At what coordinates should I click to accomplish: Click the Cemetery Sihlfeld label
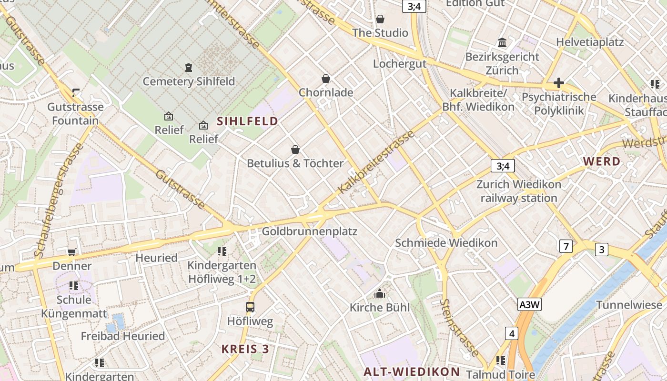click(189, 81)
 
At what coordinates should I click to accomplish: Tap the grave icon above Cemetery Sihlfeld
click(189, 68)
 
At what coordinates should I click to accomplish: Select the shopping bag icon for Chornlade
click(326, 79)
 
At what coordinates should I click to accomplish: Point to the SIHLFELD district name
click(247, 121)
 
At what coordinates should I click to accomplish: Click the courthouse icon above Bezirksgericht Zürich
click(502, 43)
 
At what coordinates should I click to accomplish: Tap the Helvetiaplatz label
click(590, 42)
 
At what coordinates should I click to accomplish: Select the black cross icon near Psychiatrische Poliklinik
click(558, 83)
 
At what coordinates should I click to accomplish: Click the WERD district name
click(602, 161)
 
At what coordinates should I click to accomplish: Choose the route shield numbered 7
click(566, 246)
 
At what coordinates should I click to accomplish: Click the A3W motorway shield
click(530, 304)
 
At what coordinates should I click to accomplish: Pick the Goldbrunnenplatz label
click(310, 232)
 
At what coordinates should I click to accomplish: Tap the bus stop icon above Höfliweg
click(250, 307)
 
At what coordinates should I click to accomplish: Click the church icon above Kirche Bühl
click(379, 294)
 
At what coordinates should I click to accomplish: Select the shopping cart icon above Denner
click(72, 252)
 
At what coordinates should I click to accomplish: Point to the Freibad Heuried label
click(123, 336)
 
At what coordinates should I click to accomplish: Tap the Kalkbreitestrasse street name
click(376, 162)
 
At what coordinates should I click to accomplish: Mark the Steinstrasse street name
click(459, 328)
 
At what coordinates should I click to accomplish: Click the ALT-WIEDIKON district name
click(412, 372)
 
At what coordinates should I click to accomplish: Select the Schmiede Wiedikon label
click(446, 243)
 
